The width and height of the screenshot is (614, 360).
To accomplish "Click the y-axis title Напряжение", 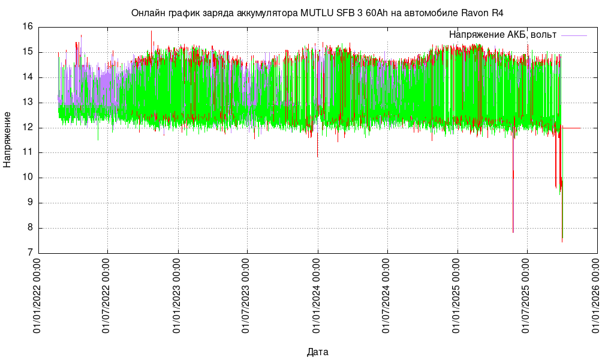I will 7,139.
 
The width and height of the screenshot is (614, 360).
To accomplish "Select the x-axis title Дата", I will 317,352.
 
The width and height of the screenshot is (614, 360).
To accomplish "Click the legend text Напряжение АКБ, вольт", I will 502,35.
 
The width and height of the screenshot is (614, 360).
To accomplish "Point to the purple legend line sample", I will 574,36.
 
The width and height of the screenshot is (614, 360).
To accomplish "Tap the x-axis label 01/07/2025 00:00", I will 527,296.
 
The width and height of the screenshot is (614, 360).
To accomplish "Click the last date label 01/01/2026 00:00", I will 597,296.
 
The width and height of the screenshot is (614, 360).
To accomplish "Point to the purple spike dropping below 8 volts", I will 513,222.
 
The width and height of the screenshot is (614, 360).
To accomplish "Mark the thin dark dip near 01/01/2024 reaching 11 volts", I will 317,150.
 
